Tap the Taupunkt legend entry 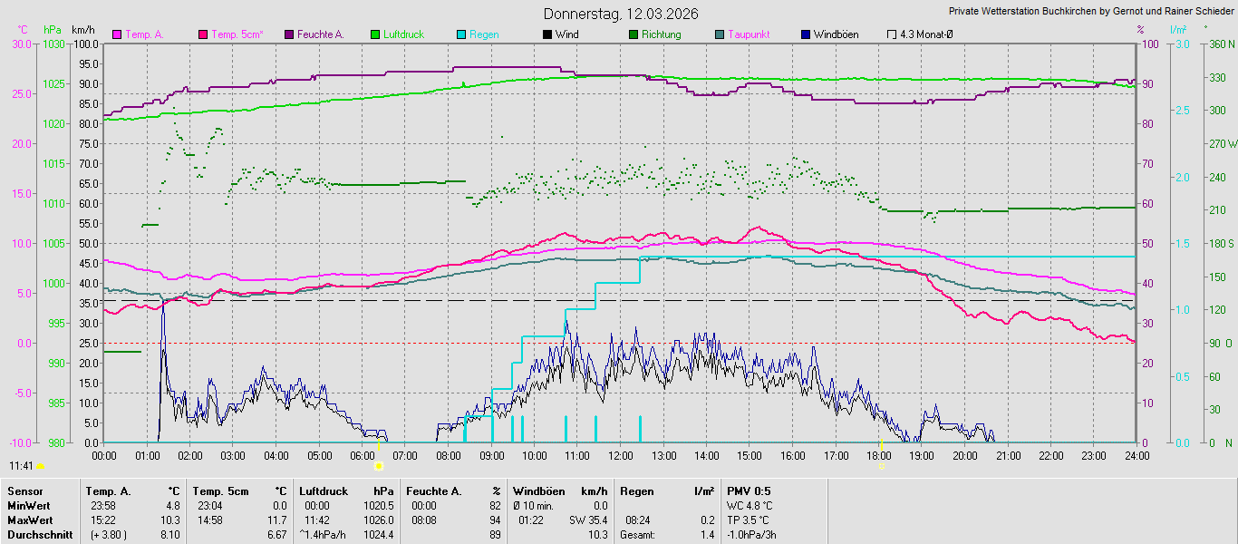point(749,34)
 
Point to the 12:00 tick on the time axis point(620,455)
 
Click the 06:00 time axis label point(363,455)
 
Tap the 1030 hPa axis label point(54,44)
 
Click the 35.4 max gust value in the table point(595,520)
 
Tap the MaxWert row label point(30,520)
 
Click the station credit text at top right point(1090,12)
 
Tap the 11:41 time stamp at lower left point(21,465)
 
